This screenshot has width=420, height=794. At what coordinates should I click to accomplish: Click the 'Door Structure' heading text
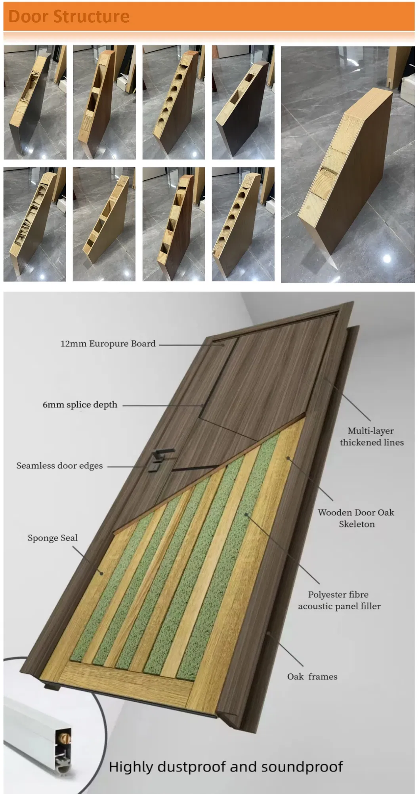point(69,17)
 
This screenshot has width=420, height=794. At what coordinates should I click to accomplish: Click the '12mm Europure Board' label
point(108,344)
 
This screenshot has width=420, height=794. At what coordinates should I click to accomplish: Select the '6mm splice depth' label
point(80,405)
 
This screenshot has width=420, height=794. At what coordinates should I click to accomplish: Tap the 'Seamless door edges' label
point(59,466)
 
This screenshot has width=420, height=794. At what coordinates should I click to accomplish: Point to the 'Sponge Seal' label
point(52,538)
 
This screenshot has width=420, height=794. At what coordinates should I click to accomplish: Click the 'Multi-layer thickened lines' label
point(371,436)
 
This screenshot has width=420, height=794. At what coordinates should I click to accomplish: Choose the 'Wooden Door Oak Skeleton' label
point(356,518)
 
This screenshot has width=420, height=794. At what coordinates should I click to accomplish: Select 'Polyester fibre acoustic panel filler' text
point(339,600)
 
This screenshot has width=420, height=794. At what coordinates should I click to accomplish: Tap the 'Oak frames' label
point(312,677)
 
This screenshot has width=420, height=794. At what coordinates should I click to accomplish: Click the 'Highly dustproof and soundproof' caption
point(225,767)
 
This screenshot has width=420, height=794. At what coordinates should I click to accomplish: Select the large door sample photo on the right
point(348,165)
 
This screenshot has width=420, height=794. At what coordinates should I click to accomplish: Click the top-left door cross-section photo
point(35,102)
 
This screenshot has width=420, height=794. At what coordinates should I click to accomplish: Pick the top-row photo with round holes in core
point(174,102)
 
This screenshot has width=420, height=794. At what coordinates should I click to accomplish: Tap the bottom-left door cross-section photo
point(35,224)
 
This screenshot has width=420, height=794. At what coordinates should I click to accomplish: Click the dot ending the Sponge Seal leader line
point(101,573)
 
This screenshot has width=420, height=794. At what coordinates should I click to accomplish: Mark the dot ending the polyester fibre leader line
point(246,515)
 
